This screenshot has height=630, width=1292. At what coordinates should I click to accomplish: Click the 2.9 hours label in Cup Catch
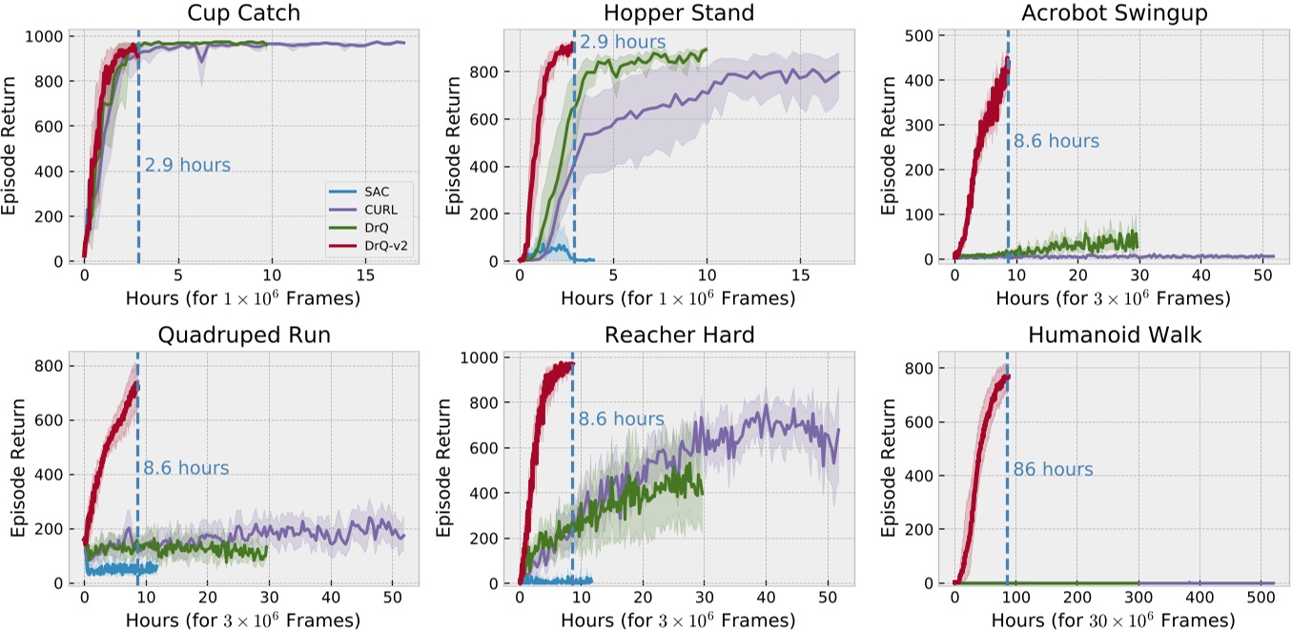pos(188,165)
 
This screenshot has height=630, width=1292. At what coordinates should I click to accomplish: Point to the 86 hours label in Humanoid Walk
pos(1053,470)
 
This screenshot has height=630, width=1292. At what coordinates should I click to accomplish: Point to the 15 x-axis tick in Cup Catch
pos(364,276)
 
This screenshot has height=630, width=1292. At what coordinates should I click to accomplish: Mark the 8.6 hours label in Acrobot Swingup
pos(1056,141)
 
